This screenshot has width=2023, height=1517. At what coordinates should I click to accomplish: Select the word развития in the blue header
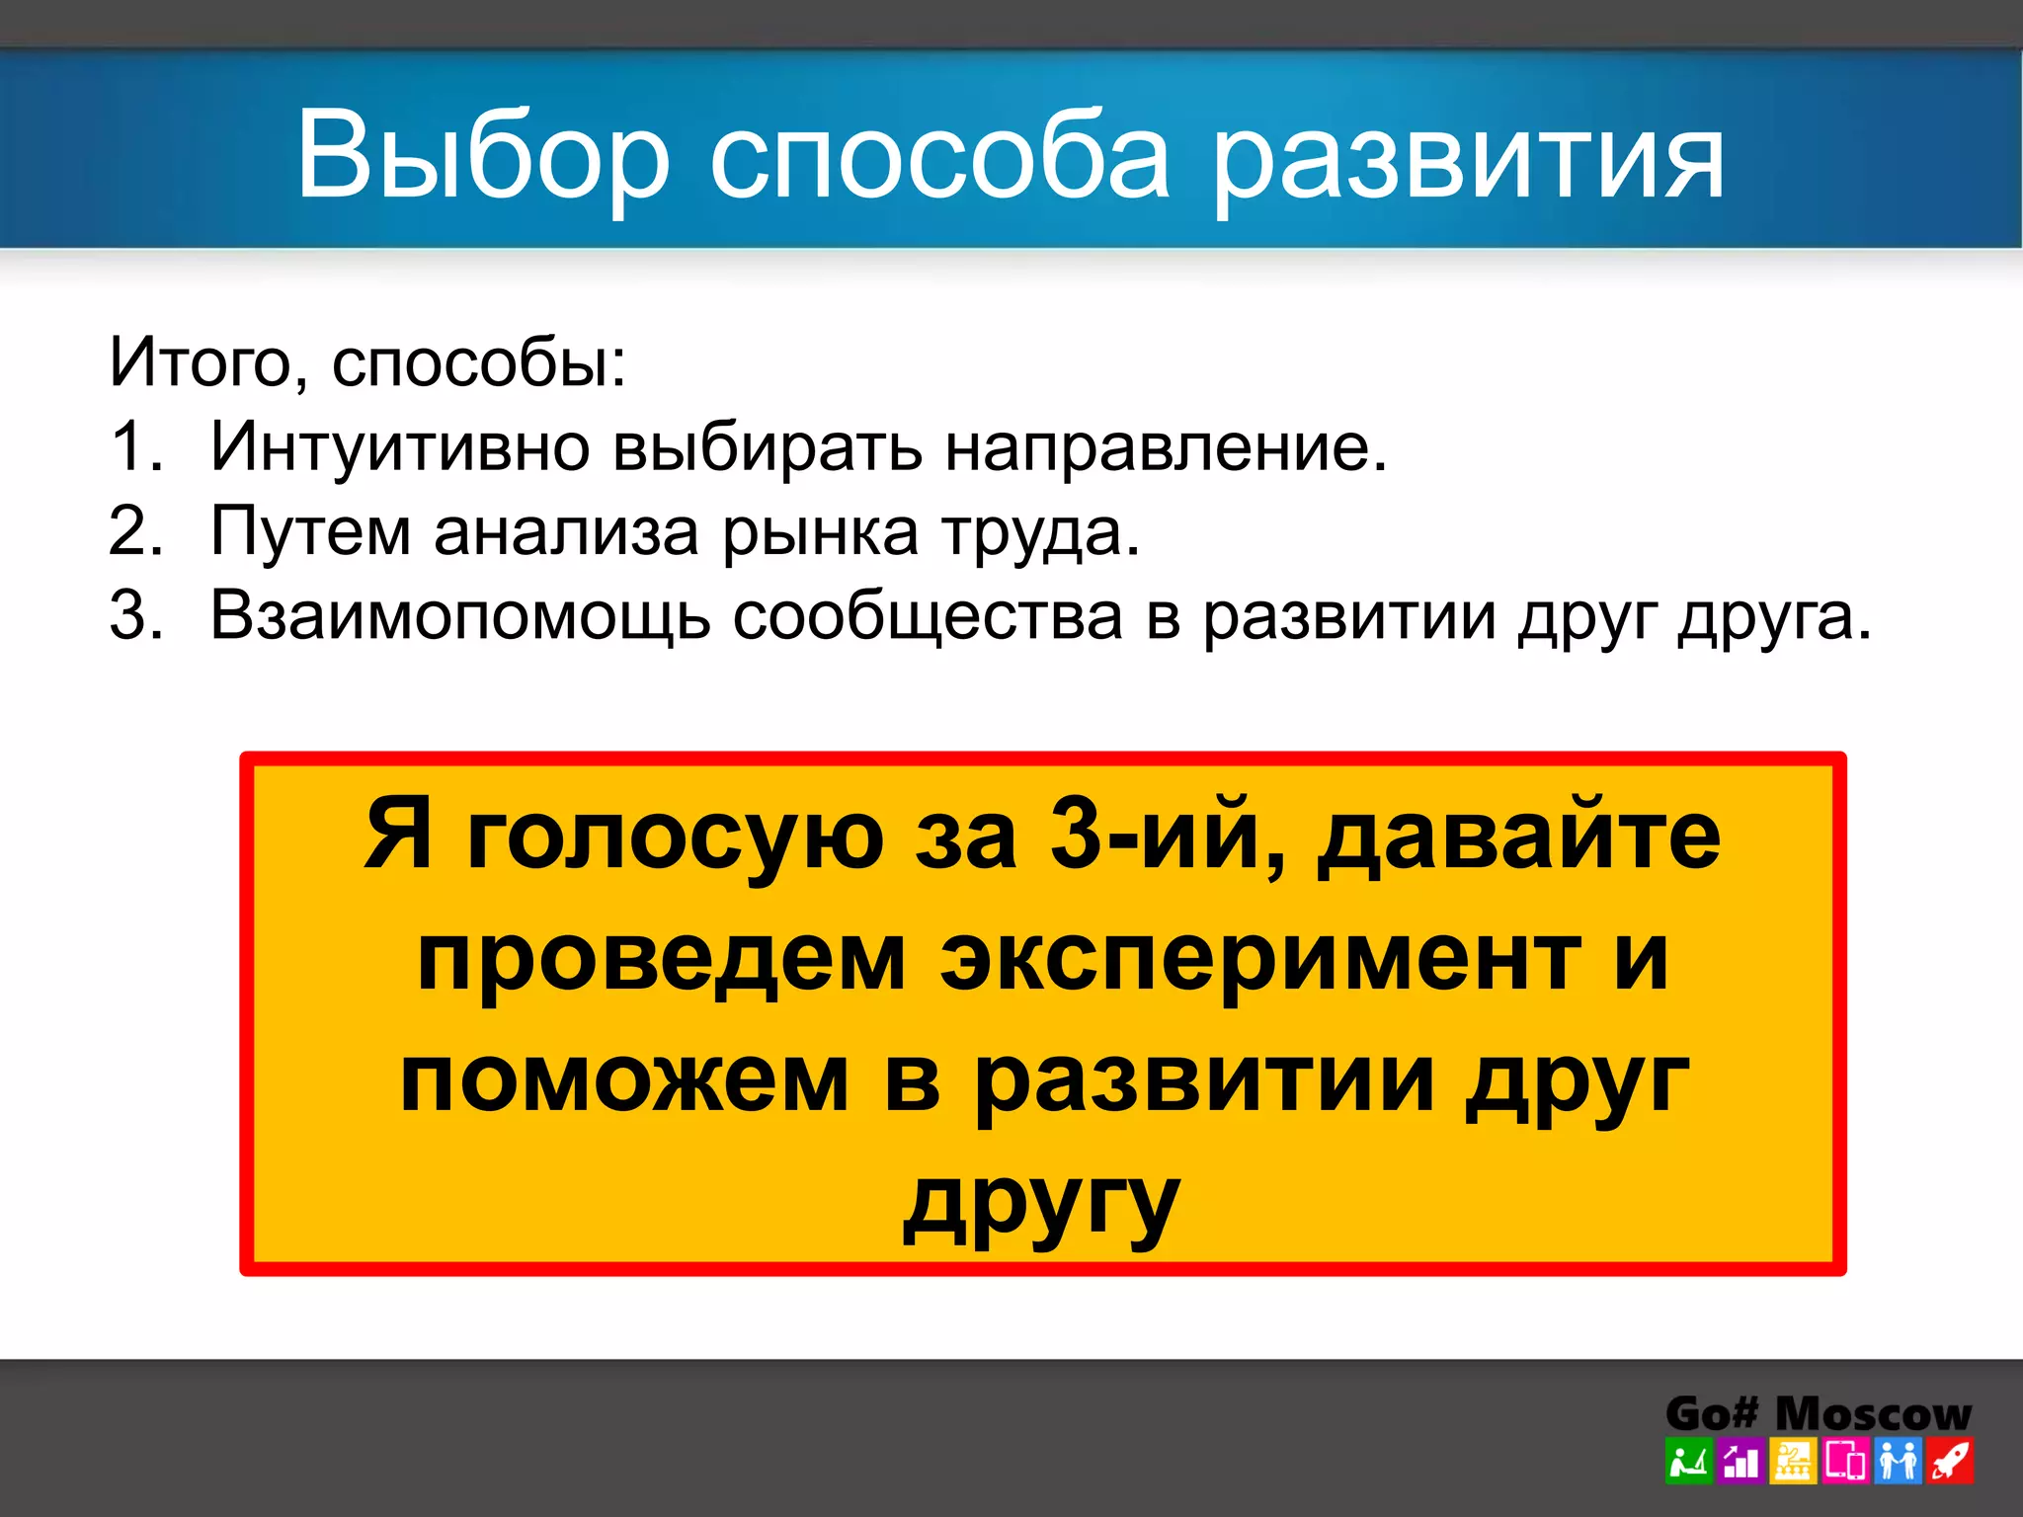[1468, 158]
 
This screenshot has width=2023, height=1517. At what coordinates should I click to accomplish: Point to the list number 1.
[134, 446]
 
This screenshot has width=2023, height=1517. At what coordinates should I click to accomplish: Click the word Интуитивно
[400, 446]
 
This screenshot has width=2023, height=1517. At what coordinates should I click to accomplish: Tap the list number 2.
[134, 531]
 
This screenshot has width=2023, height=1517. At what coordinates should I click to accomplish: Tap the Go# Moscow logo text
[1818, 1413]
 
